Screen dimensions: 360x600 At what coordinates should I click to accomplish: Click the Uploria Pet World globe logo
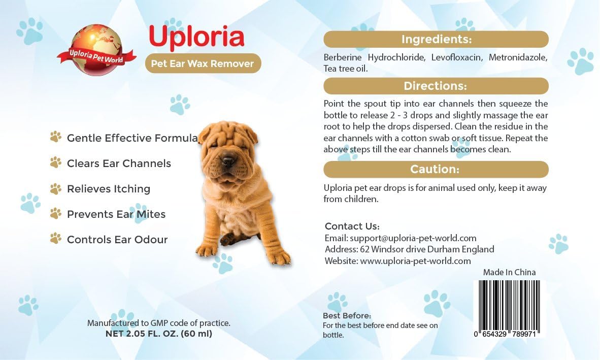(96, 50)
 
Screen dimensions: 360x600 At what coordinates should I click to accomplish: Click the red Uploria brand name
(196, 37)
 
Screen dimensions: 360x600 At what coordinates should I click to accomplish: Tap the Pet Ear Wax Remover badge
(203, 63)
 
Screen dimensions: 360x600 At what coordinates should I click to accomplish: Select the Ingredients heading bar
(436, 39)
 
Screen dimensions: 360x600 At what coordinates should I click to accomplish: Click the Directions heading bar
(436, 86)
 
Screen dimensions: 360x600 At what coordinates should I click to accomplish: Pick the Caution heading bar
(436, 169)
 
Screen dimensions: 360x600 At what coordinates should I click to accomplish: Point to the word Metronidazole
(518, 57)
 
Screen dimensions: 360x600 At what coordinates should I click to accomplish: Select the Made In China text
(509, 272)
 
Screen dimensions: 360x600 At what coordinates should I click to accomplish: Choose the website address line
(397, 261)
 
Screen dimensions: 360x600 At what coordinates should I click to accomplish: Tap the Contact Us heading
(352, 226)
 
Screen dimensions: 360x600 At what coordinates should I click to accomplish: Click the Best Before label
(347, 315)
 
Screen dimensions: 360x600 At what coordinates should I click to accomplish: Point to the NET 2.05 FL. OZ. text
(158, 334)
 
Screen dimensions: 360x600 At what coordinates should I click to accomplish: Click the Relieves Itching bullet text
(109, 189)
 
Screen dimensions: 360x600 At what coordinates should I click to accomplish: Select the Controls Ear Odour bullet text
(117, 240)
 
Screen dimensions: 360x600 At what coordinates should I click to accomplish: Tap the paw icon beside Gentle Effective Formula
(56, 137)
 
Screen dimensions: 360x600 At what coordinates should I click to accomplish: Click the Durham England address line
(409, 249)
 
